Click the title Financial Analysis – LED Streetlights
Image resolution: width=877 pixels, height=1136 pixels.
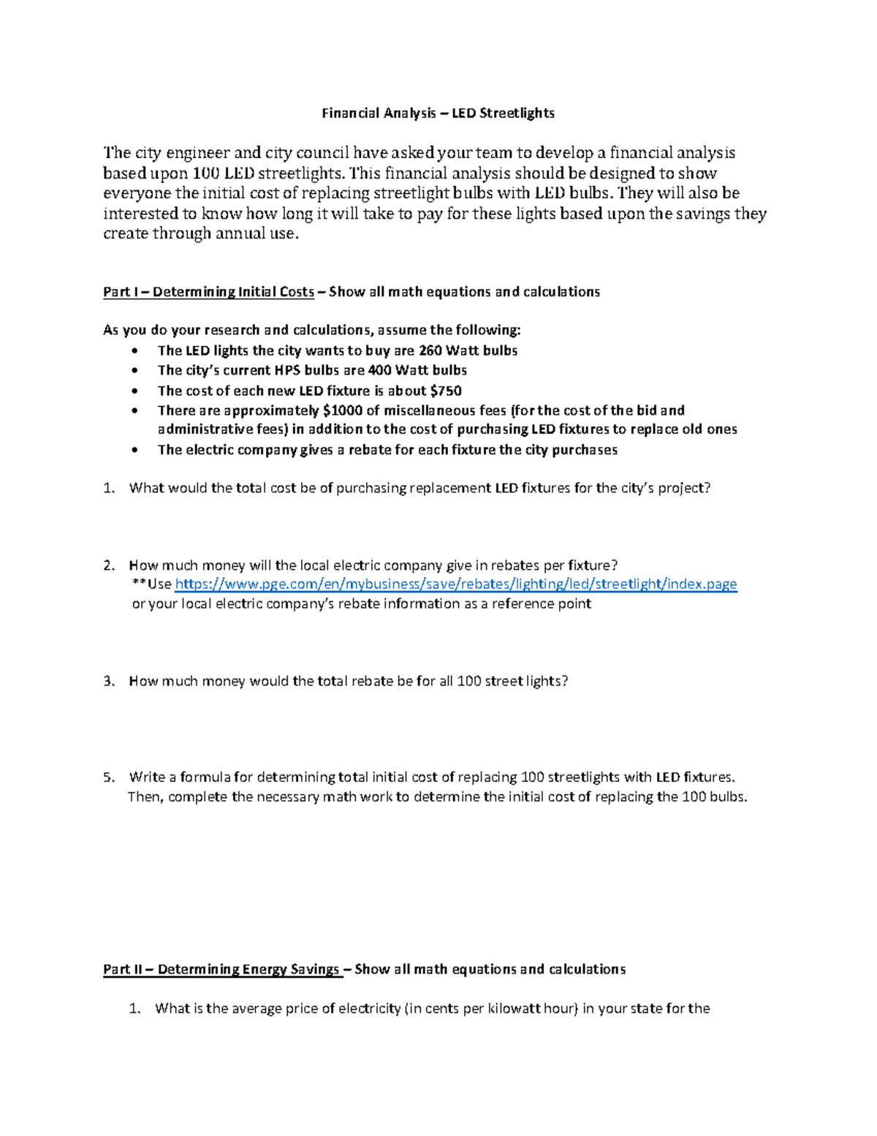438,113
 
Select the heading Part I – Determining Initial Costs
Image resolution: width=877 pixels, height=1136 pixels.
208,292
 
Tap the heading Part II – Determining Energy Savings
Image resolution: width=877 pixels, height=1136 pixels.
221,969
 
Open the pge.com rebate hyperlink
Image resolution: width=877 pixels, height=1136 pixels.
456,584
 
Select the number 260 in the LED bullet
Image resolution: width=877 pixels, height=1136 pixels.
430,350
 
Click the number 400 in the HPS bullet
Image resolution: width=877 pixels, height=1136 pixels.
380,370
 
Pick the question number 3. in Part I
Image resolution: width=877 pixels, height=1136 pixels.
109,681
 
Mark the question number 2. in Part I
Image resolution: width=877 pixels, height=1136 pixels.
109,565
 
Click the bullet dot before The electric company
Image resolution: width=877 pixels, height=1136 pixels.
132,451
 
